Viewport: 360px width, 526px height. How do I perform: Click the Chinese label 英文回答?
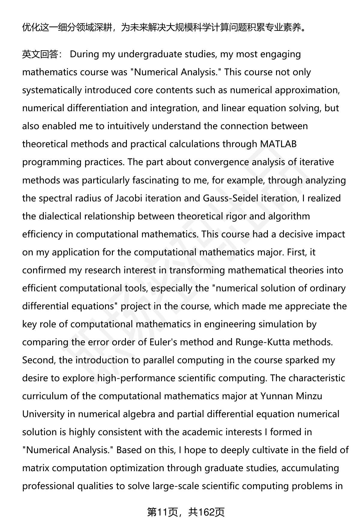(x=40, y=55)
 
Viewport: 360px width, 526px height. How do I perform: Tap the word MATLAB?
(x=278, y=144)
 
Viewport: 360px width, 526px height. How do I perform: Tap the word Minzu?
(x=309, y=396)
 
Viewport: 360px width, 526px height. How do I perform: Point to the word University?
(x=43, y=414)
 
